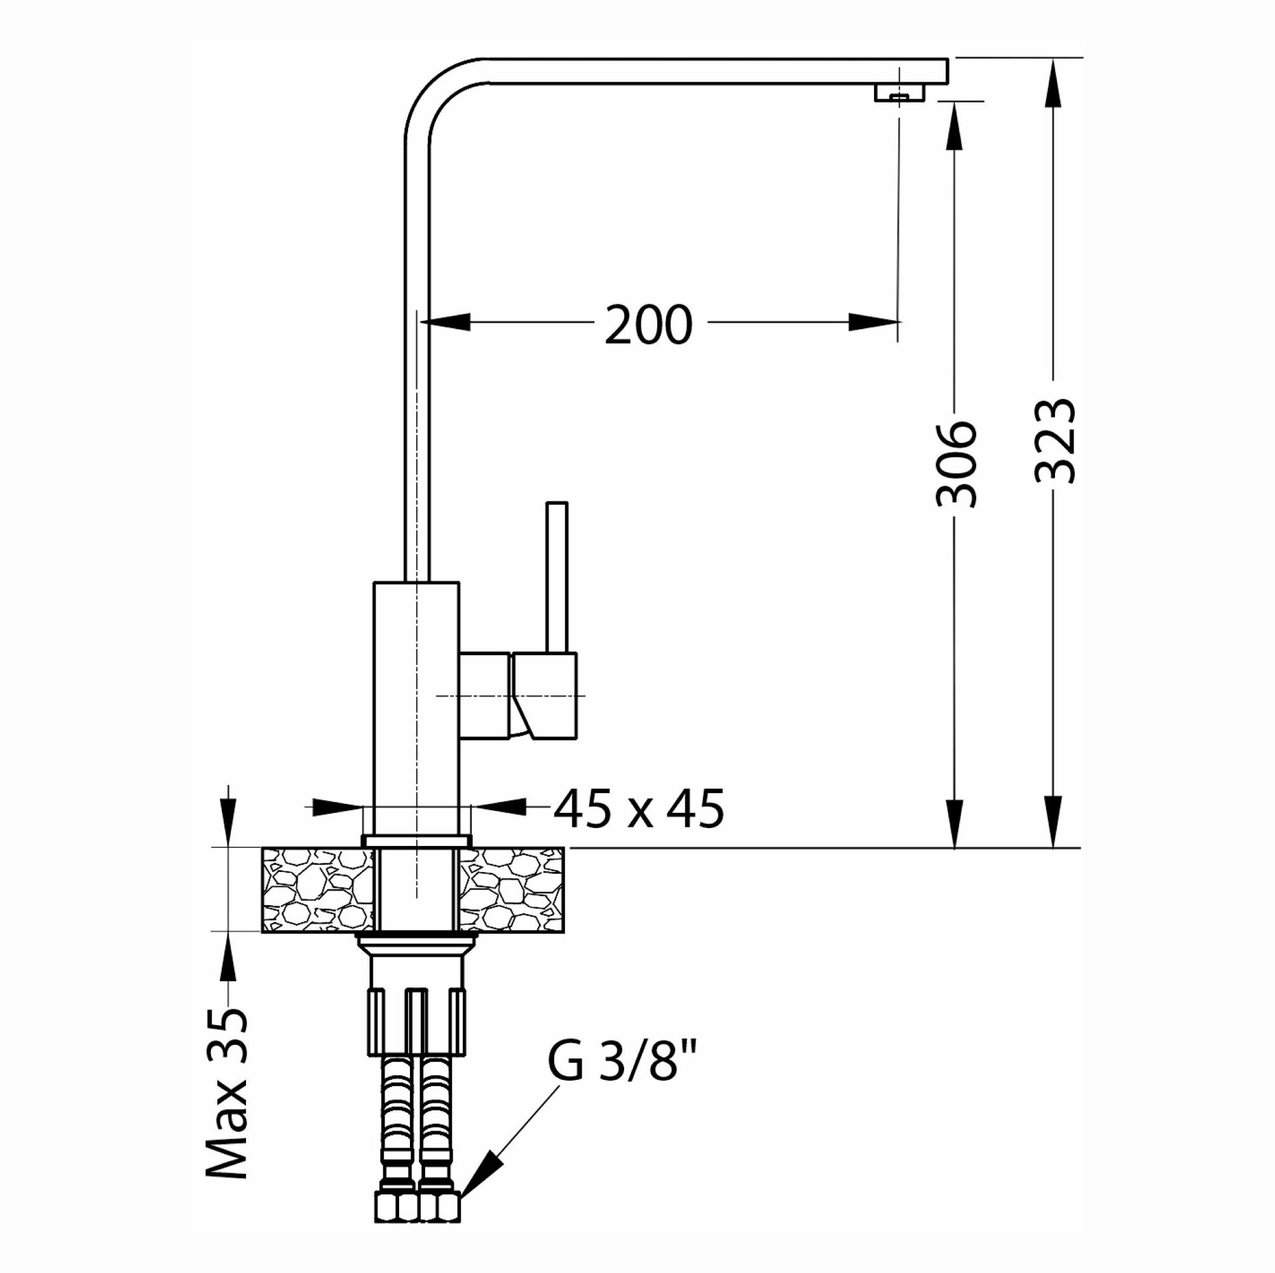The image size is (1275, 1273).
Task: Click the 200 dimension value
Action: pyautogui.click(x=649, y=324)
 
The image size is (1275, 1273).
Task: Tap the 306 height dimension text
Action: pyautogui.click(x=956, y=465)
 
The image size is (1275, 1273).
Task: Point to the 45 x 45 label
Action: pyautogui.click(x=638, y=809)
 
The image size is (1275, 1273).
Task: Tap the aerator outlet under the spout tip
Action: pyautogui.click(x=900, y=93)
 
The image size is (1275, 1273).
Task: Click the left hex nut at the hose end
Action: pyautogui.click(x=396, y=1206)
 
